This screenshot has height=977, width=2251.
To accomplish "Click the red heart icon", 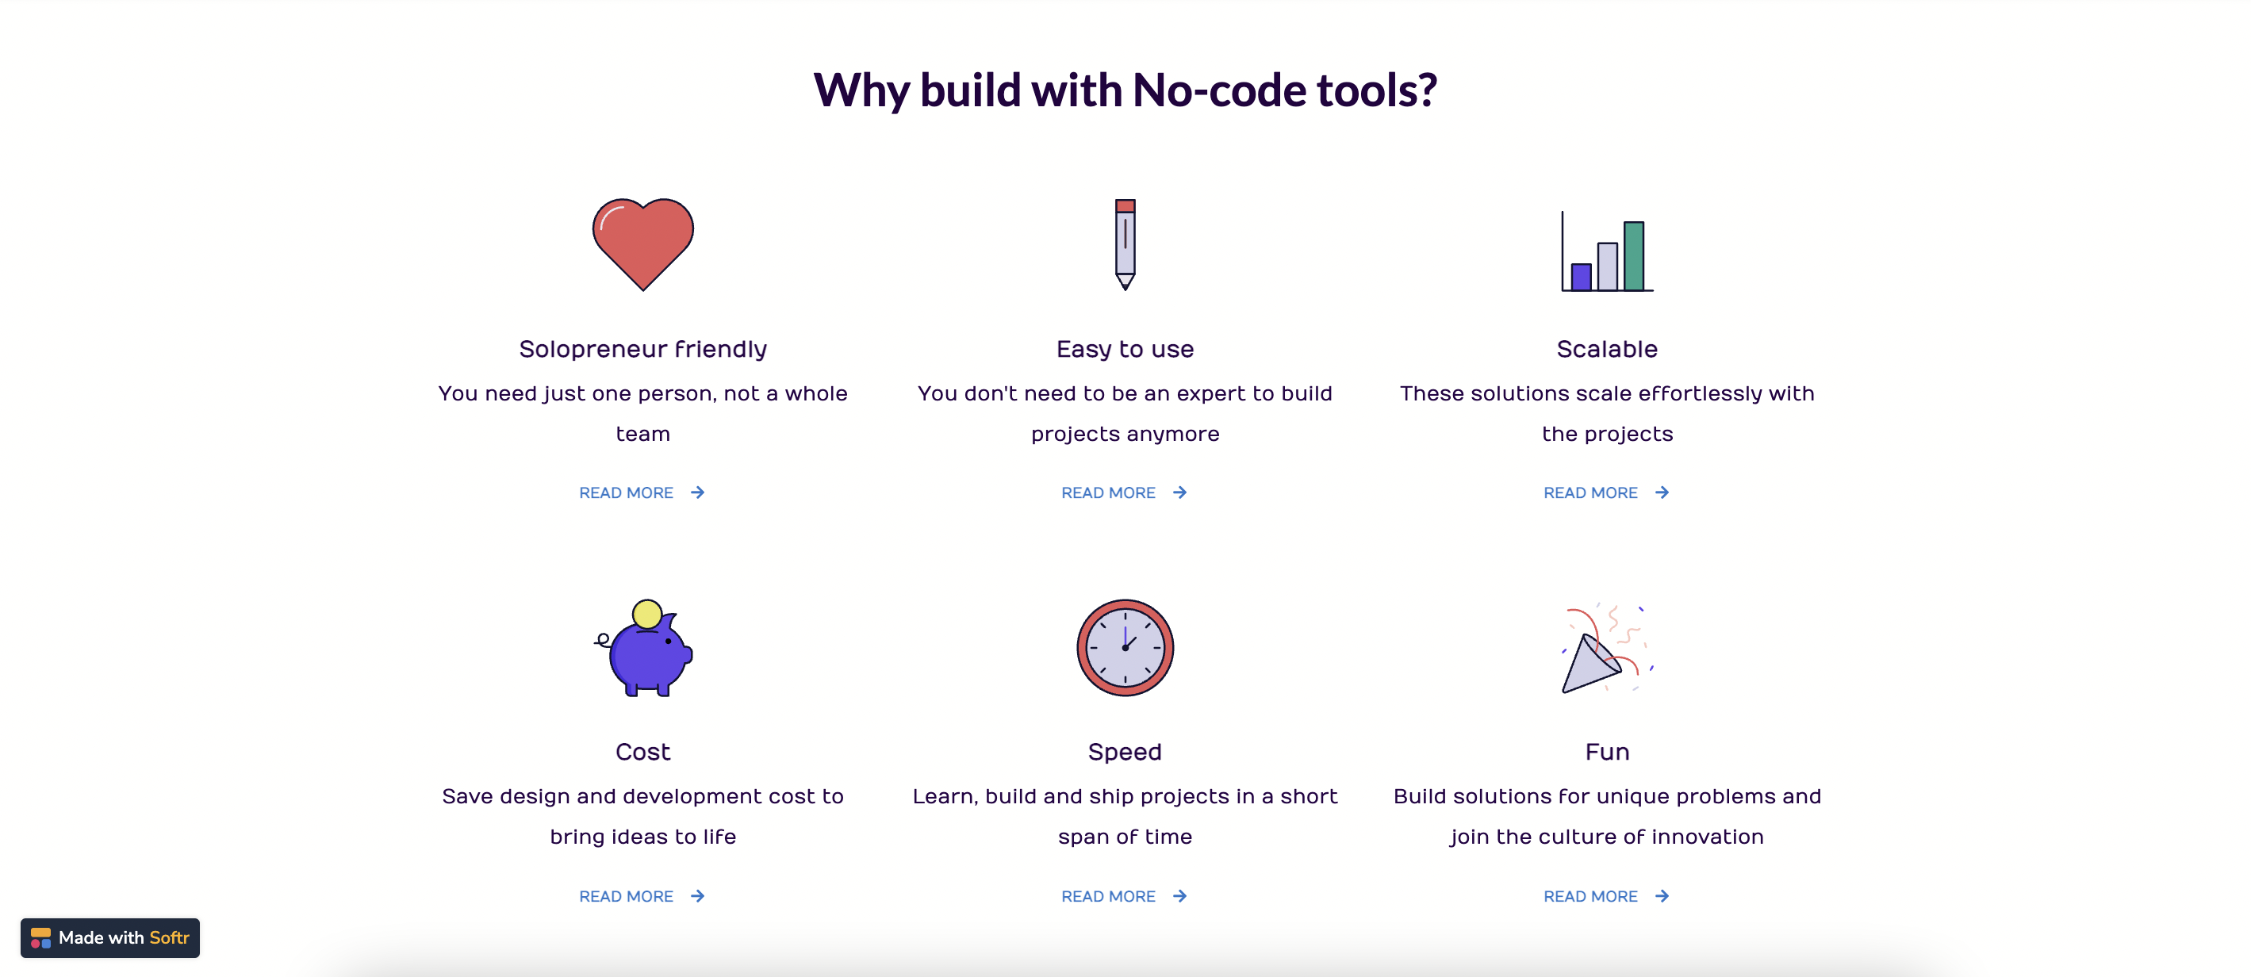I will tap(642, 243).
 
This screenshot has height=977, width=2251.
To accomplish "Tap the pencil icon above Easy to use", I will tap(1125, 243).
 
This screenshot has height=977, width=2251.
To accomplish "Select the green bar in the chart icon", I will tap(1633, 255).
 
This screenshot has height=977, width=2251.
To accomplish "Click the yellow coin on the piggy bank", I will tap(646, 615).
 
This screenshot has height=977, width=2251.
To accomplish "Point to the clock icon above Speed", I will tap(1125, 648).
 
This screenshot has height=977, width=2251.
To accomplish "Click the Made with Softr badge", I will tap(110, 937).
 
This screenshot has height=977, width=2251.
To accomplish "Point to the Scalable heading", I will tap(1606, 349).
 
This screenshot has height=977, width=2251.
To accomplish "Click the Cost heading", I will tap(642, 752).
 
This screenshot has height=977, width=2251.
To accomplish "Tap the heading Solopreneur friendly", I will tap(642, 349).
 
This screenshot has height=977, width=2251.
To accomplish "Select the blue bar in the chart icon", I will tap(1581, 276).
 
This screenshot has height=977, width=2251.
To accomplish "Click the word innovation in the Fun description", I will tap(1707, 837).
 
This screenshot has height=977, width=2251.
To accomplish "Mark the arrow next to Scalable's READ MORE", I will tap(1661, 493).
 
